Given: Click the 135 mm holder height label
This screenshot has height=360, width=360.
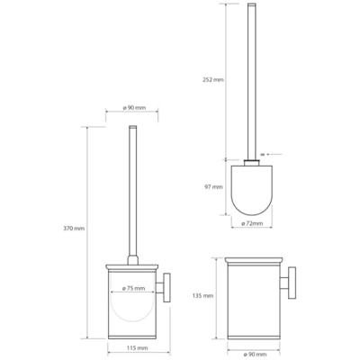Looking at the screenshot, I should pos(202,294).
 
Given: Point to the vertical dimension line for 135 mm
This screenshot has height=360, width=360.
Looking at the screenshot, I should pos(216,294).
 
